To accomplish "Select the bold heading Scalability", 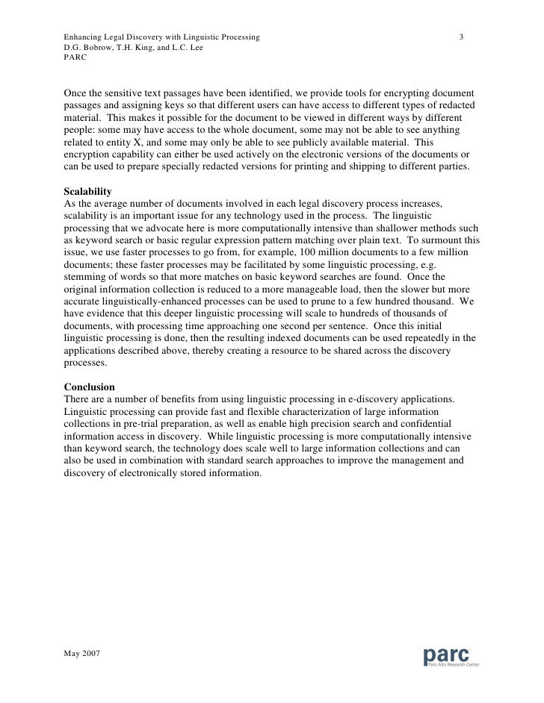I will pyautogui.click(x=88, y=192).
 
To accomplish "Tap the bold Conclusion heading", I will pyautogui.click(x=90, y=387).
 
